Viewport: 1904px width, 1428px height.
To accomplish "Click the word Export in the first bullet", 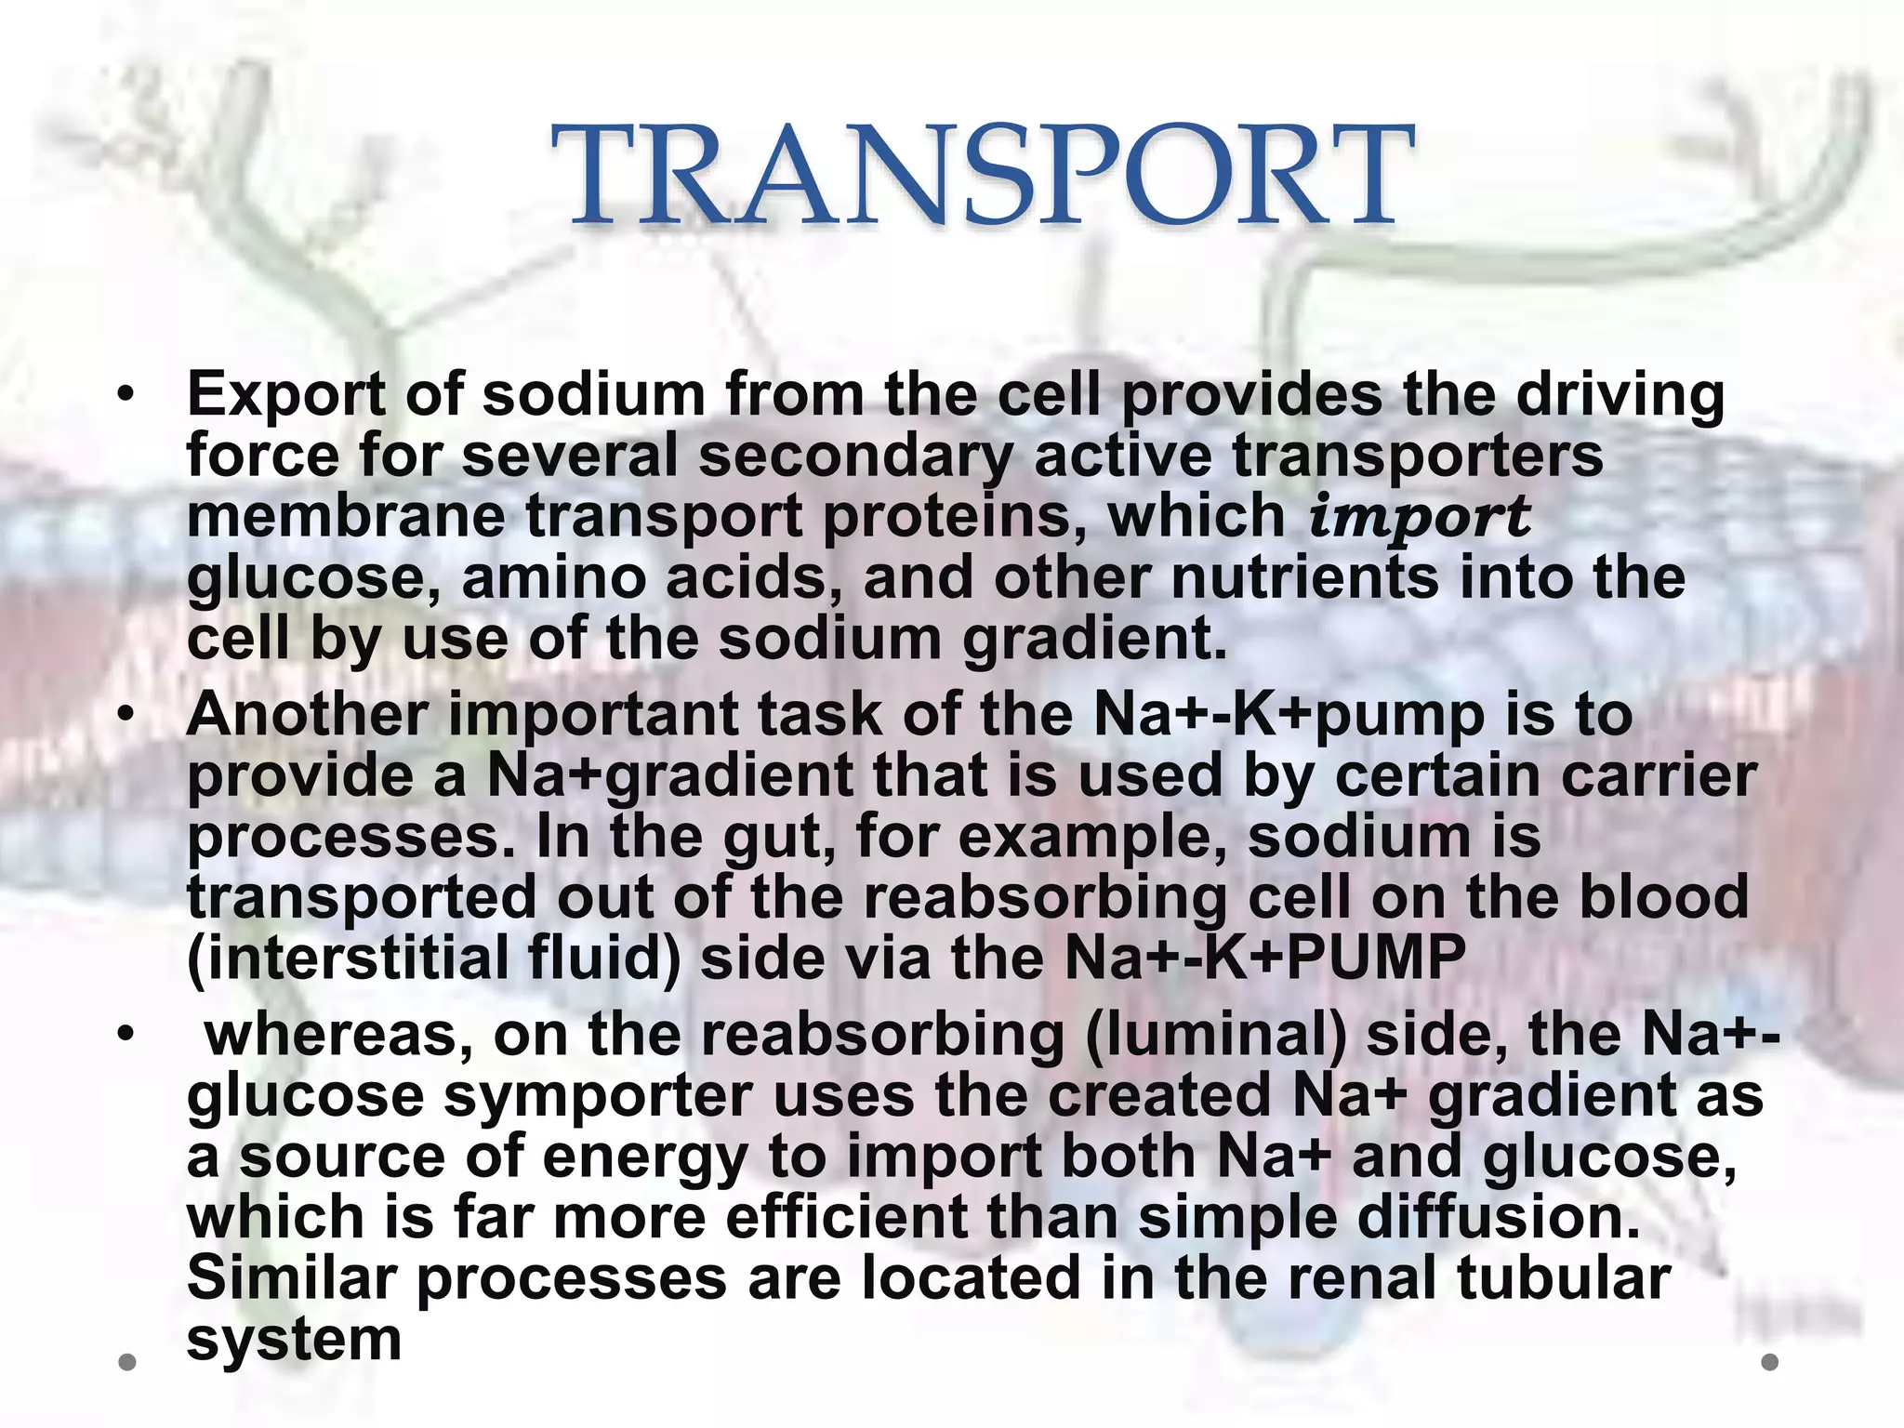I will tap(285, 394).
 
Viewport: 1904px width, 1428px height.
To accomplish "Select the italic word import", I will tap(1420, 517).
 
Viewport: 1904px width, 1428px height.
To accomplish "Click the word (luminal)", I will tap(1215, 1035).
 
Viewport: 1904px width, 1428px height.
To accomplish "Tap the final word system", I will tap(294, 1340).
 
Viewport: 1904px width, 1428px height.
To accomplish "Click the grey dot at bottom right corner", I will tap(1769, 1362).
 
